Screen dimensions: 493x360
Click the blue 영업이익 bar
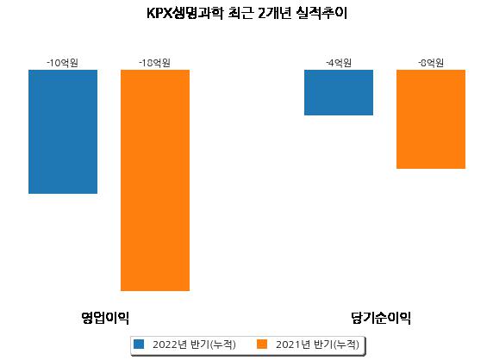pos(63,132)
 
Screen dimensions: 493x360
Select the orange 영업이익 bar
pos(155,180)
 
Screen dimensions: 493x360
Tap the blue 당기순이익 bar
pos(339,93)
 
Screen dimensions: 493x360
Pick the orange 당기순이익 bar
pos(431,120)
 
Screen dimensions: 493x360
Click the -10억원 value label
pos(63,63)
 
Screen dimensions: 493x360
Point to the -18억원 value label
pos(154,63)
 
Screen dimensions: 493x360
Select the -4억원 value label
pos(339,63)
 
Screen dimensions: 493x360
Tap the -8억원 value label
pos(431,63)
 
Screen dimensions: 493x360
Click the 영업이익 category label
pos(105,318)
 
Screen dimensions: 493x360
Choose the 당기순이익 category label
pos(381,318)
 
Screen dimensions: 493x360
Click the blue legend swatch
pos(139,344)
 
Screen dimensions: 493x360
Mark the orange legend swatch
pos(262,344)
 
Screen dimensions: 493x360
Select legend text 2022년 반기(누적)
pos(194,344)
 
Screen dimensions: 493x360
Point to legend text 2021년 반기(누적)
pos(317,344)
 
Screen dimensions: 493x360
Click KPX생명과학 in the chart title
pos(184,13)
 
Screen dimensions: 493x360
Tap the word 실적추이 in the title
pos(321,13)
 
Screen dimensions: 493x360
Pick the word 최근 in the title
pos(240,13)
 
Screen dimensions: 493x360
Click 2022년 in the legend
pos(170,344)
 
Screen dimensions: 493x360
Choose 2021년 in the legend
pos(293,344)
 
